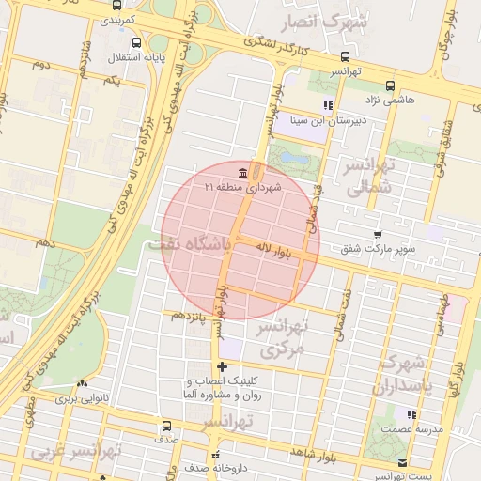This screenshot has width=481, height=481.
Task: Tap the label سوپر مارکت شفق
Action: pyautogui.click(x=379, y=249)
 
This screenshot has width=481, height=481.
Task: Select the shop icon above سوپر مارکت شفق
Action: pyautogui.click(x=378, y=235)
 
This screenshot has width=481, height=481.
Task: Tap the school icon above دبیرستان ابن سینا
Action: pyautogui.click(x=327, y=105)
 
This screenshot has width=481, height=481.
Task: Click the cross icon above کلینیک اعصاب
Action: pyautogui.click(x=222, y=366)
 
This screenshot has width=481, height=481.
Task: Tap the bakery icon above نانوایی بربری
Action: pyautogui.click(x=82, y=384)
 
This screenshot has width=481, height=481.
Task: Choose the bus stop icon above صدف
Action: pyautogui.click(x=167, y=425)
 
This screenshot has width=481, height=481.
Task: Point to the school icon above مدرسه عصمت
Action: pyautogui.click(x=411, y=414)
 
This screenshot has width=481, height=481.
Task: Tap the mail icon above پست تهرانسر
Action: pyautogui.click(x=403, y=462)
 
